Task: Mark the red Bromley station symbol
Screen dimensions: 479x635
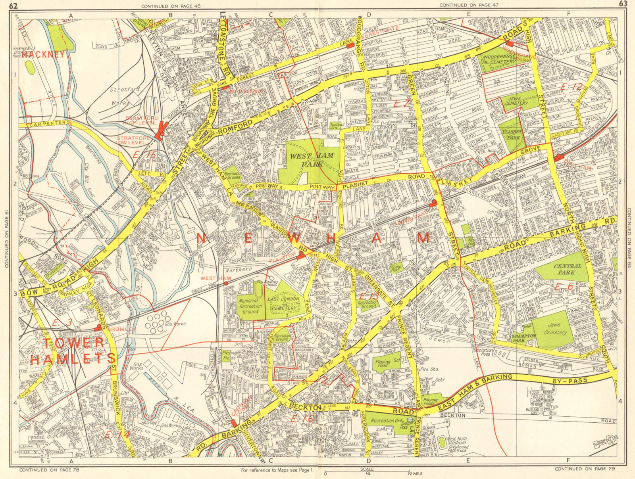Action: (x=98, y=328)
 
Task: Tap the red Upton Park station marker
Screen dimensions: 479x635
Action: (x=434, y=203)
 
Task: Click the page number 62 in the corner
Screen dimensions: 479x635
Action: (x=24, y=5)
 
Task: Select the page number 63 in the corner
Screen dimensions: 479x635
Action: (x=623, y=4)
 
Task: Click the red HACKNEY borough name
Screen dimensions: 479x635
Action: (x=43, y=55)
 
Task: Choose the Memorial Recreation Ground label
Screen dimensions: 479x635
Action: (x=250, y=306)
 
